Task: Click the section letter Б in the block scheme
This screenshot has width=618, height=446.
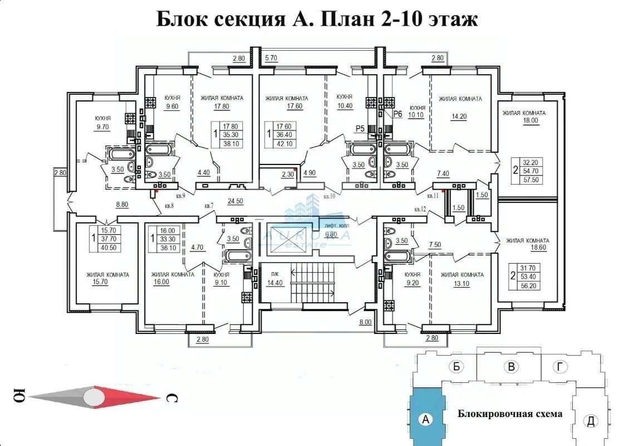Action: pos(456,367)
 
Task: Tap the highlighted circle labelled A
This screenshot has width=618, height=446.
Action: pos(426,419)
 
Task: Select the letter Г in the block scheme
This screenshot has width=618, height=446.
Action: pos(559,366)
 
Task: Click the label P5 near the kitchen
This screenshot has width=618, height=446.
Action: pos(360,129)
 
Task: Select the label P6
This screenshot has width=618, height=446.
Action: pos(398,114)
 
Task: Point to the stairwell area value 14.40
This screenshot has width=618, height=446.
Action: pos(275,283)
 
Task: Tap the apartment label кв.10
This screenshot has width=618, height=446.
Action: pos(330,196)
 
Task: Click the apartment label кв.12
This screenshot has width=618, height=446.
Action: pos(420,209)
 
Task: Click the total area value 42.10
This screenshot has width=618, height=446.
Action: pos(287,144)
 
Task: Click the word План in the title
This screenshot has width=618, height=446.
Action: pos(339,19)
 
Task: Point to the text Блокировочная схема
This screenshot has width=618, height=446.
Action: pos(510,414)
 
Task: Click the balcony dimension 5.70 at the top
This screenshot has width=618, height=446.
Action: pos(271,58)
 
